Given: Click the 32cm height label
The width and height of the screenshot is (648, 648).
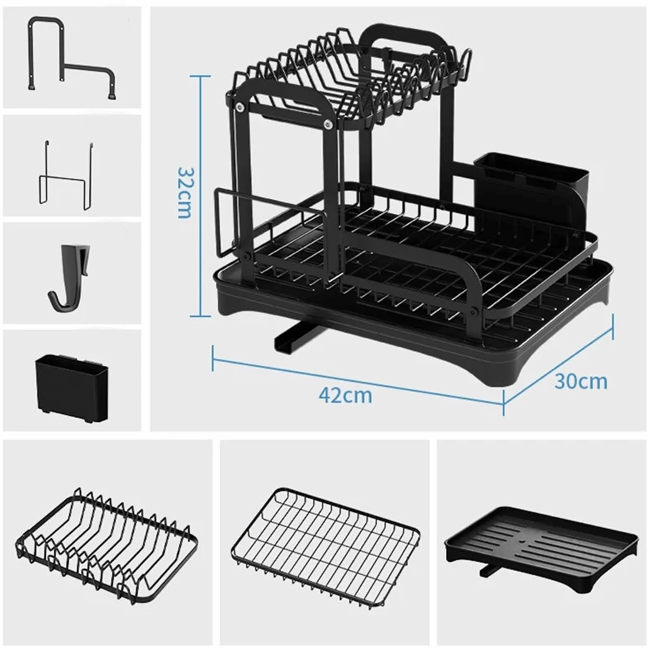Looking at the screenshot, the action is coord(184,193).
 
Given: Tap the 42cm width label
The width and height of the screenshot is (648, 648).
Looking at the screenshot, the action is coord(345,395).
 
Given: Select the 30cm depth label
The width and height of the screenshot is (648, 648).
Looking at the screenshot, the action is coord(581,381).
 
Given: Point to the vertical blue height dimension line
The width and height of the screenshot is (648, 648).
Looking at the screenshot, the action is coord(200,196).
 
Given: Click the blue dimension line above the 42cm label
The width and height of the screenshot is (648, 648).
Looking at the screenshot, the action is coord(358,374).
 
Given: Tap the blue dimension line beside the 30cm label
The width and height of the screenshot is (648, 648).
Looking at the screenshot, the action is coord(558,364).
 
